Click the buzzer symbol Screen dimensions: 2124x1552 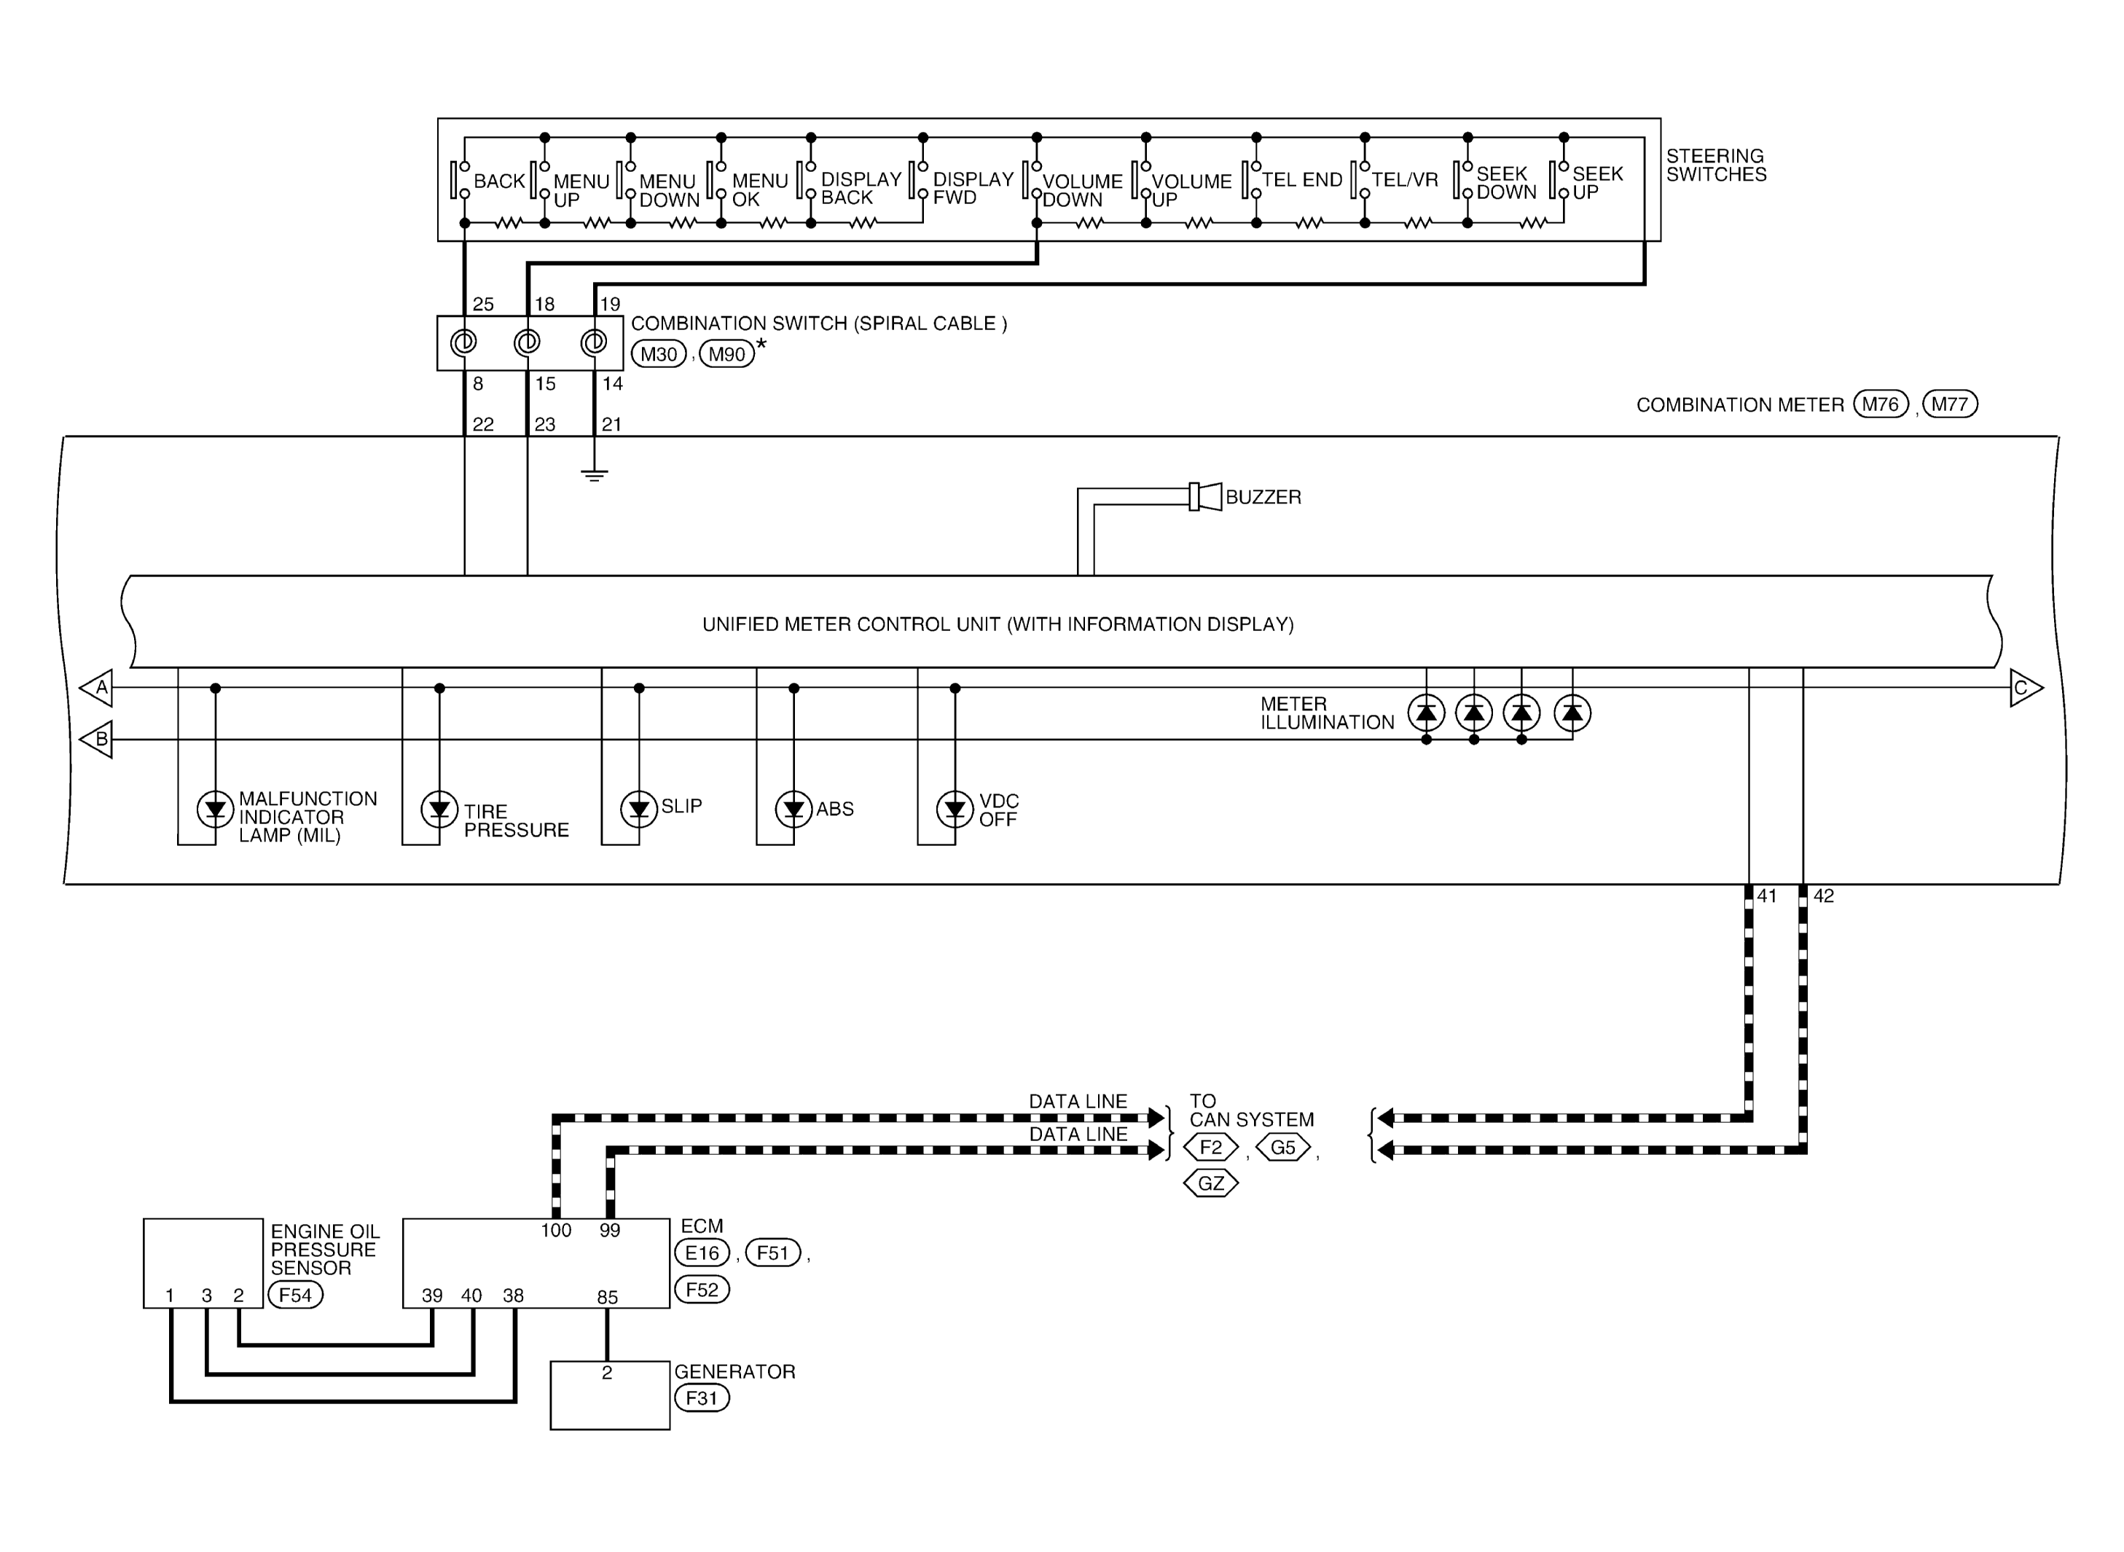click(x=1205, y=496)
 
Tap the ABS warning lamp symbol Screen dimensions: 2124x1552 click(x=793, y=808)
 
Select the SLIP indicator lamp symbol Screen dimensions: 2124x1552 click(x=639, y=808)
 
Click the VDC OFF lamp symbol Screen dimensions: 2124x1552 click(x=955, y=808)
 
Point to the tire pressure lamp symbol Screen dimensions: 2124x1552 click(x=439, y=808)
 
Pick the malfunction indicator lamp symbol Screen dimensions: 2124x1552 click(x=215, y=808)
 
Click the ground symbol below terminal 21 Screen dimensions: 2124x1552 click(x=594, y=474)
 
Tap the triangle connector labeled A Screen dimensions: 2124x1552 click(x=97, y=688)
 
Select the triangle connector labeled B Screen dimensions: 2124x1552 click(x=97, y=740)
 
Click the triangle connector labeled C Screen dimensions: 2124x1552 click(x=2026, y=688)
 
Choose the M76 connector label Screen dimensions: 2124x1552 click(x=1881, y=404)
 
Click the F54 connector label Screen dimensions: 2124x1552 click(x=295, y=1296)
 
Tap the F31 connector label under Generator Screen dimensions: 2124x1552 click(x=702, y=1398)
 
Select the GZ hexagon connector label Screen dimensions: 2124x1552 click(x=1211, y=1183)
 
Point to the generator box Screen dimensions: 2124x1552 click(x=610, y=1395)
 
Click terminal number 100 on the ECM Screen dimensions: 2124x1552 click(x=556, y=1231)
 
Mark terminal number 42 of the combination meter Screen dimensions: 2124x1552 click(x=1823, y=896)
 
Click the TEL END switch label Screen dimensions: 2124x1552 click(x=1302, y=179)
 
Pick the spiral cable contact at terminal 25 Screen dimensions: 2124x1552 click(x=463, y=342)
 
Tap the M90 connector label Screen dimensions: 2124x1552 click(x=727, y=354)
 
